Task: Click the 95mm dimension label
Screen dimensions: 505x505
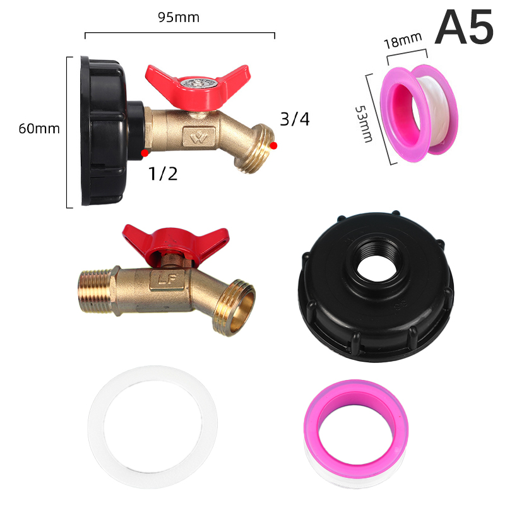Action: click(x=179, y=18)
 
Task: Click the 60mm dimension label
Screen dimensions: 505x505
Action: click(x=39, y=129)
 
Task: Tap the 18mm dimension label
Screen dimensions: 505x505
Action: click(x=403, y=40)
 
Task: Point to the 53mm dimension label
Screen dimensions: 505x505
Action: click(x=364, y=124)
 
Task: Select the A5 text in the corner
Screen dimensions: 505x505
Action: click(x=464, y=27)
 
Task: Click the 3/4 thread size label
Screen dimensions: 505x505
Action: click(x=295, y=119)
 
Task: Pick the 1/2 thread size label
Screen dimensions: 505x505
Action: click(x=163, y=174)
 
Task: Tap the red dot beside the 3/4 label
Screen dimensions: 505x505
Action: click(x=273, y=146)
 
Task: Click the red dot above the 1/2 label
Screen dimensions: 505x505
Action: click(x=145, y=153)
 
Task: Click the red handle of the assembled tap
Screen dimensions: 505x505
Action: click(x=198, y=86)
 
